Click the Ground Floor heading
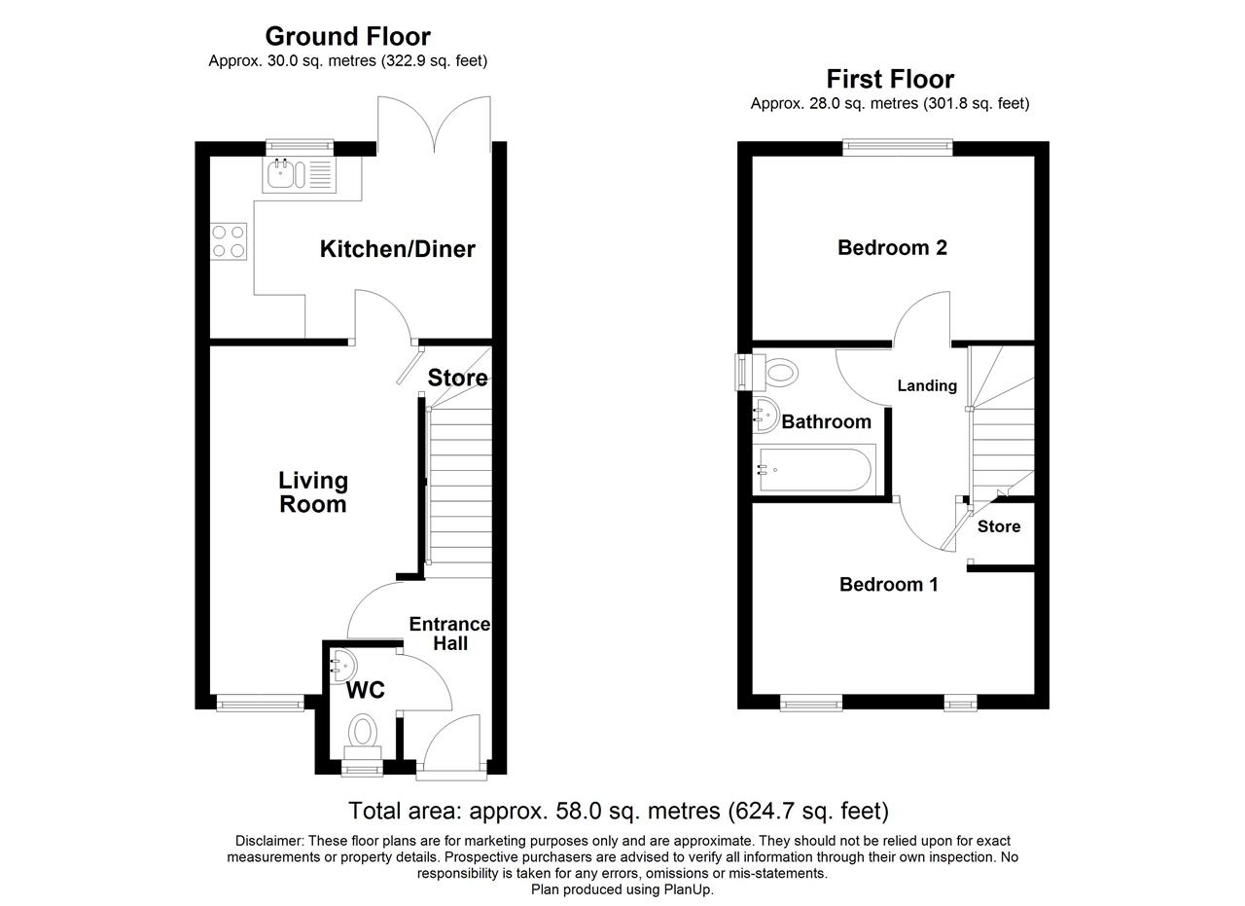click(x=348, y=37)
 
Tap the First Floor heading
click(x=890, y=79)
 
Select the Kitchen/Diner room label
click(x=398, y=248)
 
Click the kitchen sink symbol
click(x=299, y=174)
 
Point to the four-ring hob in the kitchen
click(x=229, y=241)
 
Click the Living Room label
click(x=313, y=492)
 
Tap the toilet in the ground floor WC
click(x=363, y=737)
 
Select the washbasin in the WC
click(x=343, y=666)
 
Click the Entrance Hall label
click(x=449, y=634)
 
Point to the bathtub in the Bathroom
click(x=814, y=469)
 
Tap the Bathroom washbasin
click(x=765, y=415)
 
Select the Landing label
click(x=927, y=385)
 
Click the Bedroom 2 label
click(x=892, y=247)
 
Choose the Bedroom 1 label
click(x=889, y=584)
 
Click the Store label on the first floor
click(x=999, y=526)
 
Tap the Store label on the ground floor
click(x=457, y=378)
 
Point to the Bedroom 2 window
click(x=898, y=147)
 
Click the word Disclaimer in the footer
click(x=269, y=841)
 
